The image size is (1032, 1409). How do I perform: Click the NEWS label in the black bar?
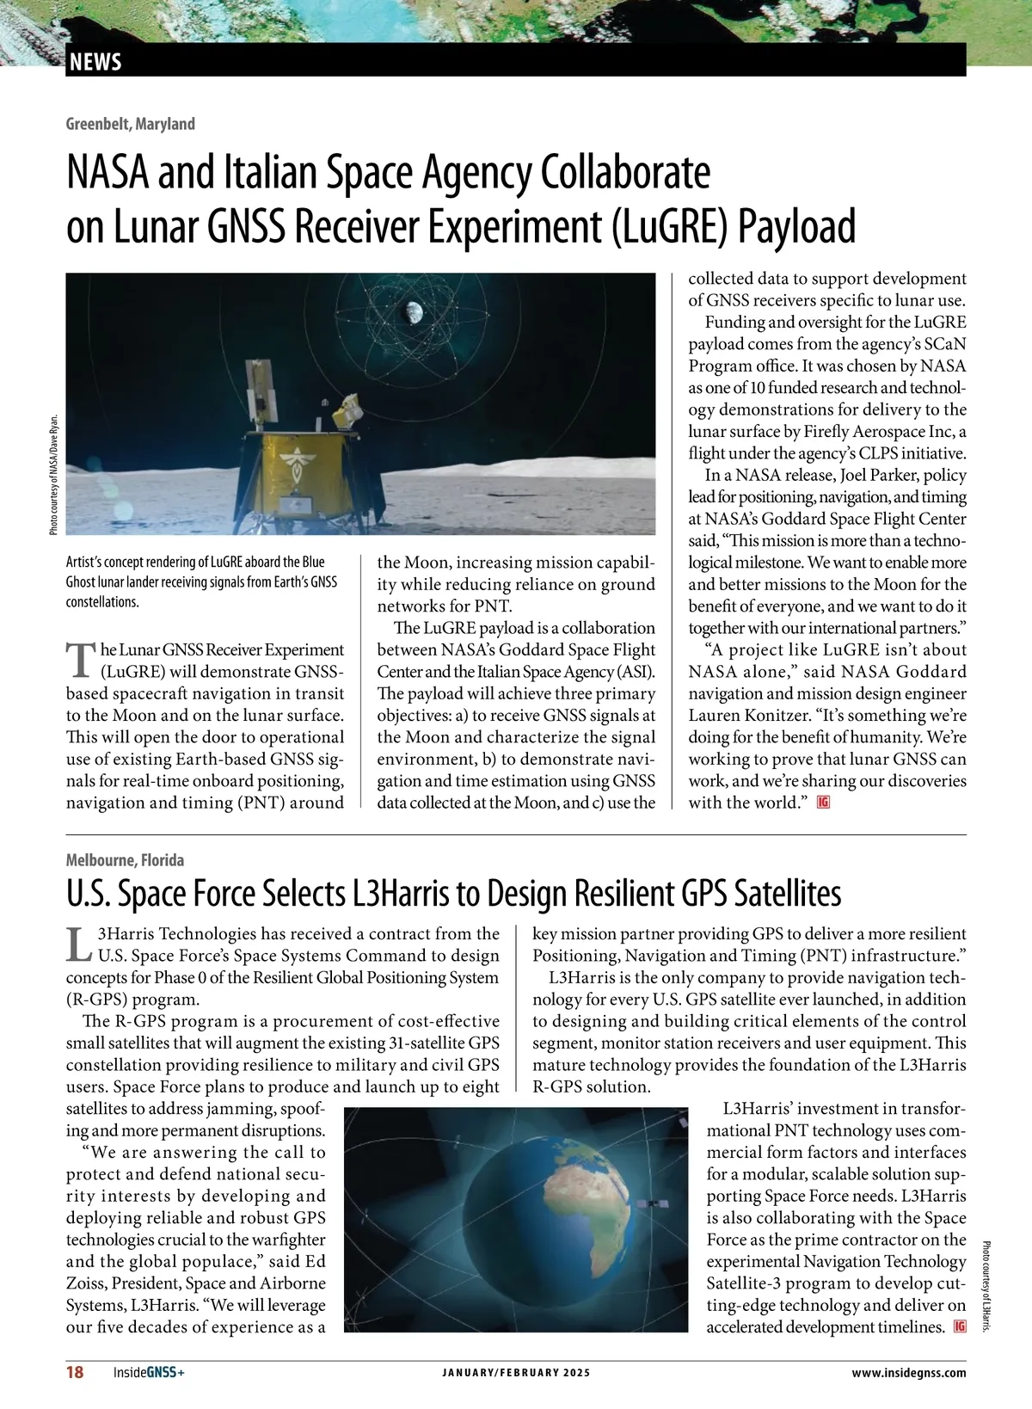(x=95, y=62)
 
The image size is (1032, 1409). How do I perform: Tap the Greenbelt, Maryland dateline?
(x=131, y=124)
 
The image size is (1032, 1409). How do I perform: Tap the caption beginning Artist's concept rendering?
(x=202, y=581)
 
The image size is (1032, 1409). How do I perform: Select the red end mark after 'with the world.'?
(x=824, y=803)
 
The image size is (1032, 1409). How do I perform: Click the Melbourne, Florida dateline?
(x=125, y=860)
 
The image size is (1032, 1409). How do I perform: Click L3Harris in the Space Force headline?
(x=401, y=895)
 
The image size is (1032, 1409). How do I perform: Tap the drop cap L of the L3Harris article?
(x=79, y=944)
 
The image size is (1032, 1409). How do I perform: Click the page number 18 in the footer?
(x=76, y=1373)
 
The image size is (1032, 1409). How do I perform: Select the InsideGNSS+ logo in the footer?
(x=149, y=1373)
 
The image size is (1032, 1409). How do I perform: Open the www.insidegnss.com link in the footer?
(x=908, y=1373)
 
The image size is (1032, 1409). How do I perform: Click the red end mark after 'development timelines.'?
(x=960, y=1327)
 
